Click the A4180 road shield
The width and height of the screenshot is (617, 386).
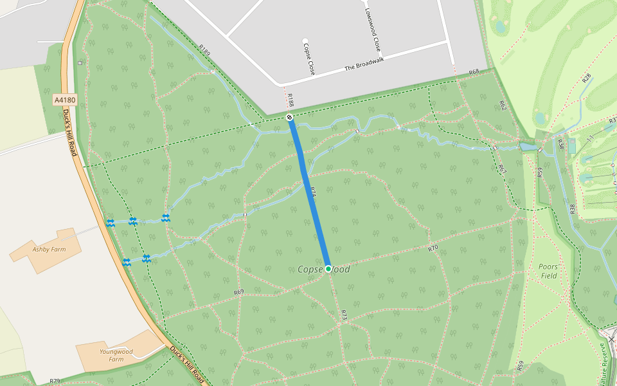click(65, 100)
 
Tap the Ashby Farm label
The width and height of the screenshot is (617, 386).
click(49, 248)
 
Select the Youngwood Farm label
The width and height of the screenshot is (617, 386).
click(116, 355)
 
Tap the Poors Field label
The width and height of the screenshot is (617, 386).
click(548, 271)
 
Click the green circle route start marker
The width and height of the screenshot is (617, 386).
click(328, 268)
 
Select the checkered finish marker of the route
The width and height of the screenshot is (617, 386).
click(290, 117)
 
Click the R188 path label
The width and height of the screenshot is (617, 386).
click(291, 100)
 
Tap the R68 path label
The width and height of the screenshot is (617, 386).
click(474, 72)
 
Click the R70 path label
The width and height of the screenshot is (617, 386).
click(433, 248)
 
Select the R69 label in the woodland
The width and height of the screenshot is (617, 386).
click(238, 292)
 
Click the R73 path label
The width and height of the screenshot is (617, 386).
click(344, 315)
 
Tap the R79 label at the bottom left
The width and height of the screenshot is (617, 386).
click(55, 381)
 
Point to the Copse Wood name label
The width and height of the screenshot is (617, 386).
click(324, 269)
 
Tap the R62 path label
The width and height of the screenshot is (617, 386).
click(503, 105)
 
